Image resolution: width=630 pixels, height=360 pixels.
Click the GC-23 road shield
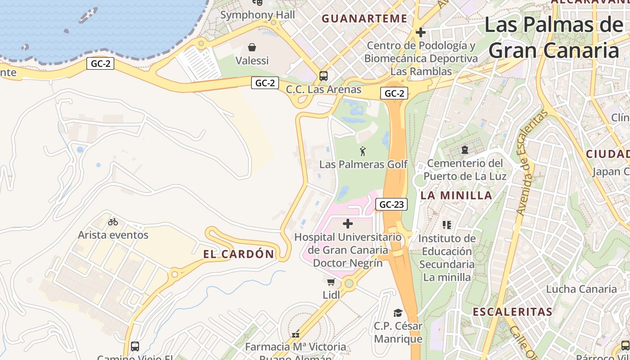(391, 205)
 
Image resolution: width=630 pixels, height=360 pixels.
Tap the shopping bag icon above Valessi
(252, 47)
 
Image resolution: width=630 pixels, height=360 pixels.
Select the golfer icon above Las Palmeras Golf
(363, 151)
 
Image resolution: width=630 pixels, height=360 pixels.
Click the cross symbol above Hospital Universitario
(348, 224)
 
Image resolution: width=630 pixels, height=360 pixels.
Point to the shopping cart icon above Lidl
(331, 282)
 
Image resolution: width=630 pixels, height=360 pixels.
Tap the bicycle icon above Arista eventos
(113, 222)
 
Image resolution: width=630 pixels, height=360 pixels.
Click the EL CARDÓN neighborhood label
(238, 254)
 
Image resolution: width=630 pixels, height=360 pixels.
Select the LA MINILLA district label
(456, 195)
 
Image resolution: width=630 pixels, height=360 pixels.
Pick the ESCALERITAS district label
(512, 312)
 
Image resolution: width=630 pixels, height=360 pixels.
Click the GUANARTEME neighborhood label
(365, 18)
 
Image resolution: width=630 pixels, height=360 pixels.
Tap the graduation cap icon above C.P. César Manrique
(398, 313)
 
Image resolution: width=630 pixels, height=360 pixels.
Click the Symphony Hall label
(257, 15)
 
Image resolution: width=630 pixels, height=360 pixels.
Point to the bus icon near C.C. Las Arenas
(324, 76)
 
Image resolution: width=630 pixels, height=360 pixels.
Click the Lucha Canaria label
(581, 289)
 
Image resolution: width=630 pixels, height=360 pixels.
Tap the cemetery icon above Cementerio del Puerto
(465, 150)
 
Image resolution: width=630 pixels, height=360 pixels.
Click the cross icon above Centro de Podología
(421, 32)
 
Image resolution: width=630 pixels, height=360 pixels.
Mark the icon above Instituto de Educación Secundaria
(446, 225)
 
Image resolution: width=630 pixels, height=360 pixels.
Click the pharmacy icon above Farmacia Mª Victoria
(296, 334)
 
